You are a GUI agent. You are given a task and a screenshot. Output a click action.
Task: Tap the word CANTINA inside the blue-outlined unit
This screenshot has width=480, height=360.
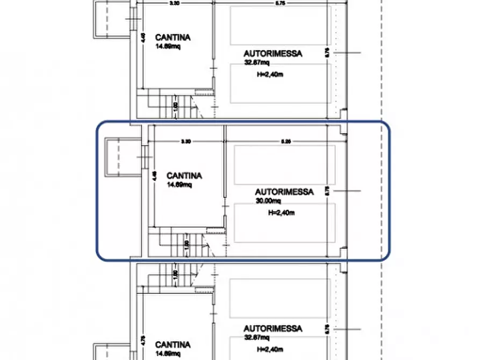click(184, 176)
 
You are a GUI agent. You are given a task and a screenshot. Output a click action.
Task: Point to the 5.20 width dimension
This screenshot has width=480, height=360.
click(285, 142)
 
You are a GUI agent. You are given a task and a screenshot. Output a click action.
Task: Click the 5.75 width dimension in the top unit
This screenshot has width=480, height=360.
click(281, 3)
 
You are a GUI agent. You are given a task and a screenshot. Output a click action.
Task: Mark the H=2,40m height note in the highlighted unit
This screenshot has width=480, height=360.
click(281, 212)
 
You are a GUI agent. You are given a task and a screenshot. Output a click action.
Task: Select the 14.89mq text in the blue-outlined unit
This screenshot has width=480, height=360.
click(179, 185)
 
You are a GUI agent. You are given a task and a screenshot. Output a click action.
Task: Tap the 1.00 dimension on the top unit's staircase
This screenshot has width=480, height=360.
click(176, 106)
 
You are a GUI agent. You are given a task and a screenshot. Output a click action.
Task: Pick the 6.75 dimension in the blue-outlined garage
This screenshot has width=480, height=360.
click(327, 190)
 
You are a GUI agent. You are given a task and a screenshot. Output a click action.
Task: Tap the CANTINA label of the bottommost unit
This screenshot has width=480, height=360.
click(173, 344)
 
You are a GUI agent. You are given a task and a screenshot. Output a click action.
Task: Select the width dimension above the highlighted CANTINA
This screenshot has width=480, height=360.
click(185, 142)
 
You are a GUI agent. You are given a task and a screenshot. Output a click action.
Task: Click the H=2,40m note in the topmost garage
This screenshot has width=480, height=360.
click(270, 75)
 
